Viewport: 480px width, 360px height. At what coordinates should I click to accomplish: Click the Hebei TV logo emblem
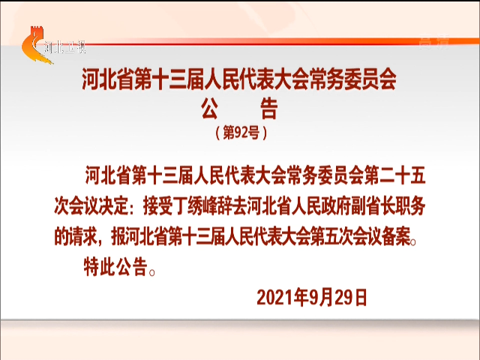(36, 45)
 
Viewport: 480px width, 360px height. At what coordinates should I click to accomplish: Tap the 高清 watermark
(434, 42)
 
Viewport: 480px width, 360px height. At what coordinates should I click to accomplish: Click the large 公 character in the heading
(210, 108)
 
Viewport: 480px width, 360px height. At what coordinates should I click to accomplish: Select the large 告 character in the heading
(269, 108)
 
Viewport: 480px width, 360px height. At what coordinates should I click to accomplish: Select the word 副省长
(372, 206)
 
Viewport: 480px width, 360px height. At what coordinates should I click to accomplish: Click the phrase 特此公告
(115, 267)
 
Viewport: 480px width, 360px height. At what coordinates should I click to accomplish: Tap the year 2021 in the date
(274, 298)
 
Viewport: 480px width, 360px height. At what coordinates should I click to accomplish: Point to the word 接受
(158, 206)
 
